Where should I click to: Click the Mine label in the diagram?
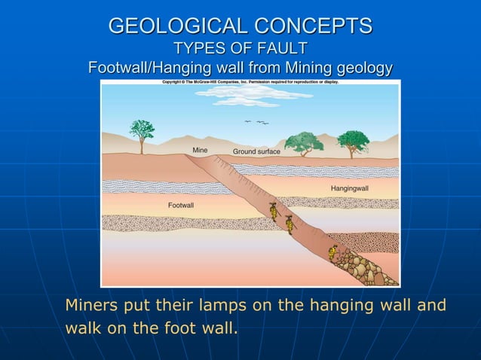(x=200, y=150)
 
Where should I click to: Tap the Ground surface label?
(x=256, y=151)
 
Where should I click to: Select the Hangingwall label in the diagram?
(x=349, y=187)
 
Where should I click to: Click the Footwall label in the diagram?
(x=181, y=204)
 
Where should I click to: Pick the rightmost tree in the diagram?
(x=352, y=142)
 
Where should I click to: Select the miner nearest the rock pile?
(x=333, y=252)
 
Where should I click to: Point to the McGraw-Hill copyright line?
(x=250, y=81)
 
